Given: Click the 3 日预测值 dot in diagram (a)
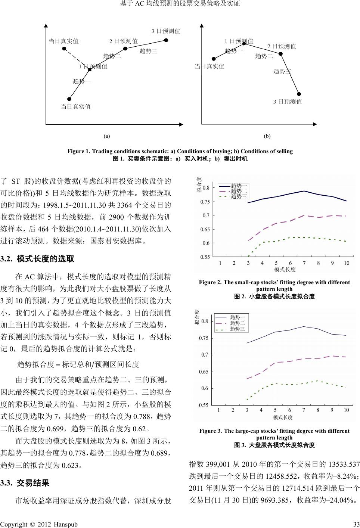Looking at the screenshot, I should click(166, 40).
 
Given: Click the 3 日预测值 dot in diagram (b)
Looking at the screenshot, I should click(299, 94).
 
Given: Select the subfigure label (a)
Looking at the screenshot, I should click(107, 136).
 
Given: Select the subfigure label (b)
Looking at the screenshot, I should click(267, 136).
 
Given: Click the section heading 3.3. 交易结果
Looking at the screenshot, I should click(25, 483).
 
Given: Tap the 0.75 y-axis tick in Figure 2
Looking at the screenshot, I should click(206, 202).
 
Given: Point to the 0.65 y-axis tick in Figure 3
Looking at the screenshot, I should click(204, 372).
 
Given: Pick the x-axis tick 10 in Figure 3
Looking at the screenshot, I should click(346, 410).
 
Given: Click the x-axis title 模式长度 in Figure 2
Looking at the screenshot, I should click(285, 269).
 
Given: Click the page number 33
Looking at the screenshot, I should click(356, 524).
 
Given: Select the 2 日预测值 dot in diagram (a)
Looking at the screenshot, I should click(125, 49).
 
